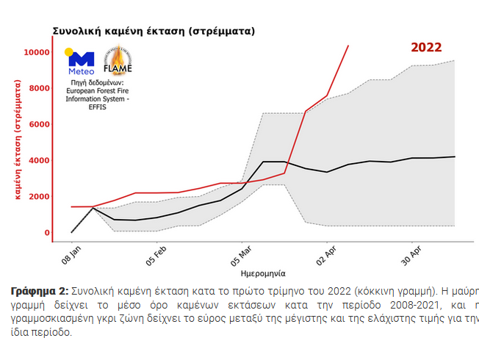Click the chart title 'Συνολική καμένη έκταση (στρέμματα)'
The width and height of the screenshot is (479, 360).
click(x=154, y=32)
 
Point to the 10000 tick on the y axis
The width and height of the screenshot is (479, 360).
click(x=36, y=53)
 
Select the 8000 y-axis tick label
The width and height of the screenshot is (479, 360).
click(x=38, y=89)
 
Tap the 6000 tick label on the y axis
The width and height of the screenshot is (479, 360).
click(x=38, y=125)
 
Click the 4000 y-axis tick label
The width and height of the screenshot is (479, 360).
click(x=38, y=161)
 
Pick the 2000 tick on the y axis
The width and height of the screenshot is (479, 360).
click(x=38, y=197)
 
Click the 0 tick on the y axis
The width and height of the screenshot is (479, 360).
click(x=47, y=233)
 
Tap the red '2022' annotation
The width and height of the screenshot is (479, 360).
click(x=425, y=48)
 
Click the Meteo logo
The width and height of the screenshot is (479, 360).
click(x=81, y=62)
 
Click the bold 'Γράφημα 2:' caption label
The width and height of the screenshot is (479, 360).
click(x=40, y=292)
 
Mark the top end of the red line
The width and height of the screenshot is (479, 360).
click(x=348, y=46)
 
